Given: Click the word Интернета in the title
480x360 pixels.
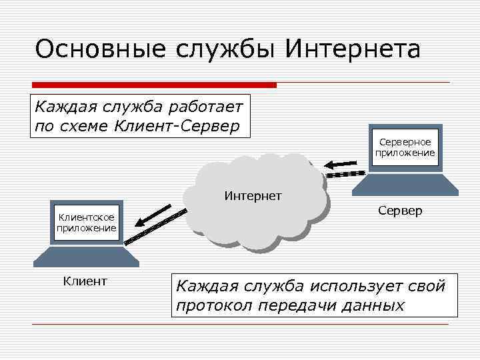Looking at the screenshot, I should [353, 51].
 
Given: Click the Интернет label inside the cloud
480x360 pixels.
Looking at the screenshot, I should [253, 196].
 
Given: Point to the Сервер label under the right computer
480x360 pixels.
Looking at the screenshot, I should [400, 211].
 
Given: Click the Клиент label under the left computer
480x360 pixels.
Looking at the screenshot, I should [85, 281].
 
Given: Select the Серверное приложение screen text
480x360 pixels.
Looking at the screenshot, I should [405, 147].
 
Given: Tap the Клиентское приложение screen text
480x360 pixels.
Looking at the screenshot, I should [87, 223].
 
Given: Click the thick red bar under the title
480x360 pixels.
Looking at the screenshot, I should [154, 85].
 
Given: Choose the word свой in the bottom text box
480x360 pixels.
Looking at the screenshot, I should [427, 287].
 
